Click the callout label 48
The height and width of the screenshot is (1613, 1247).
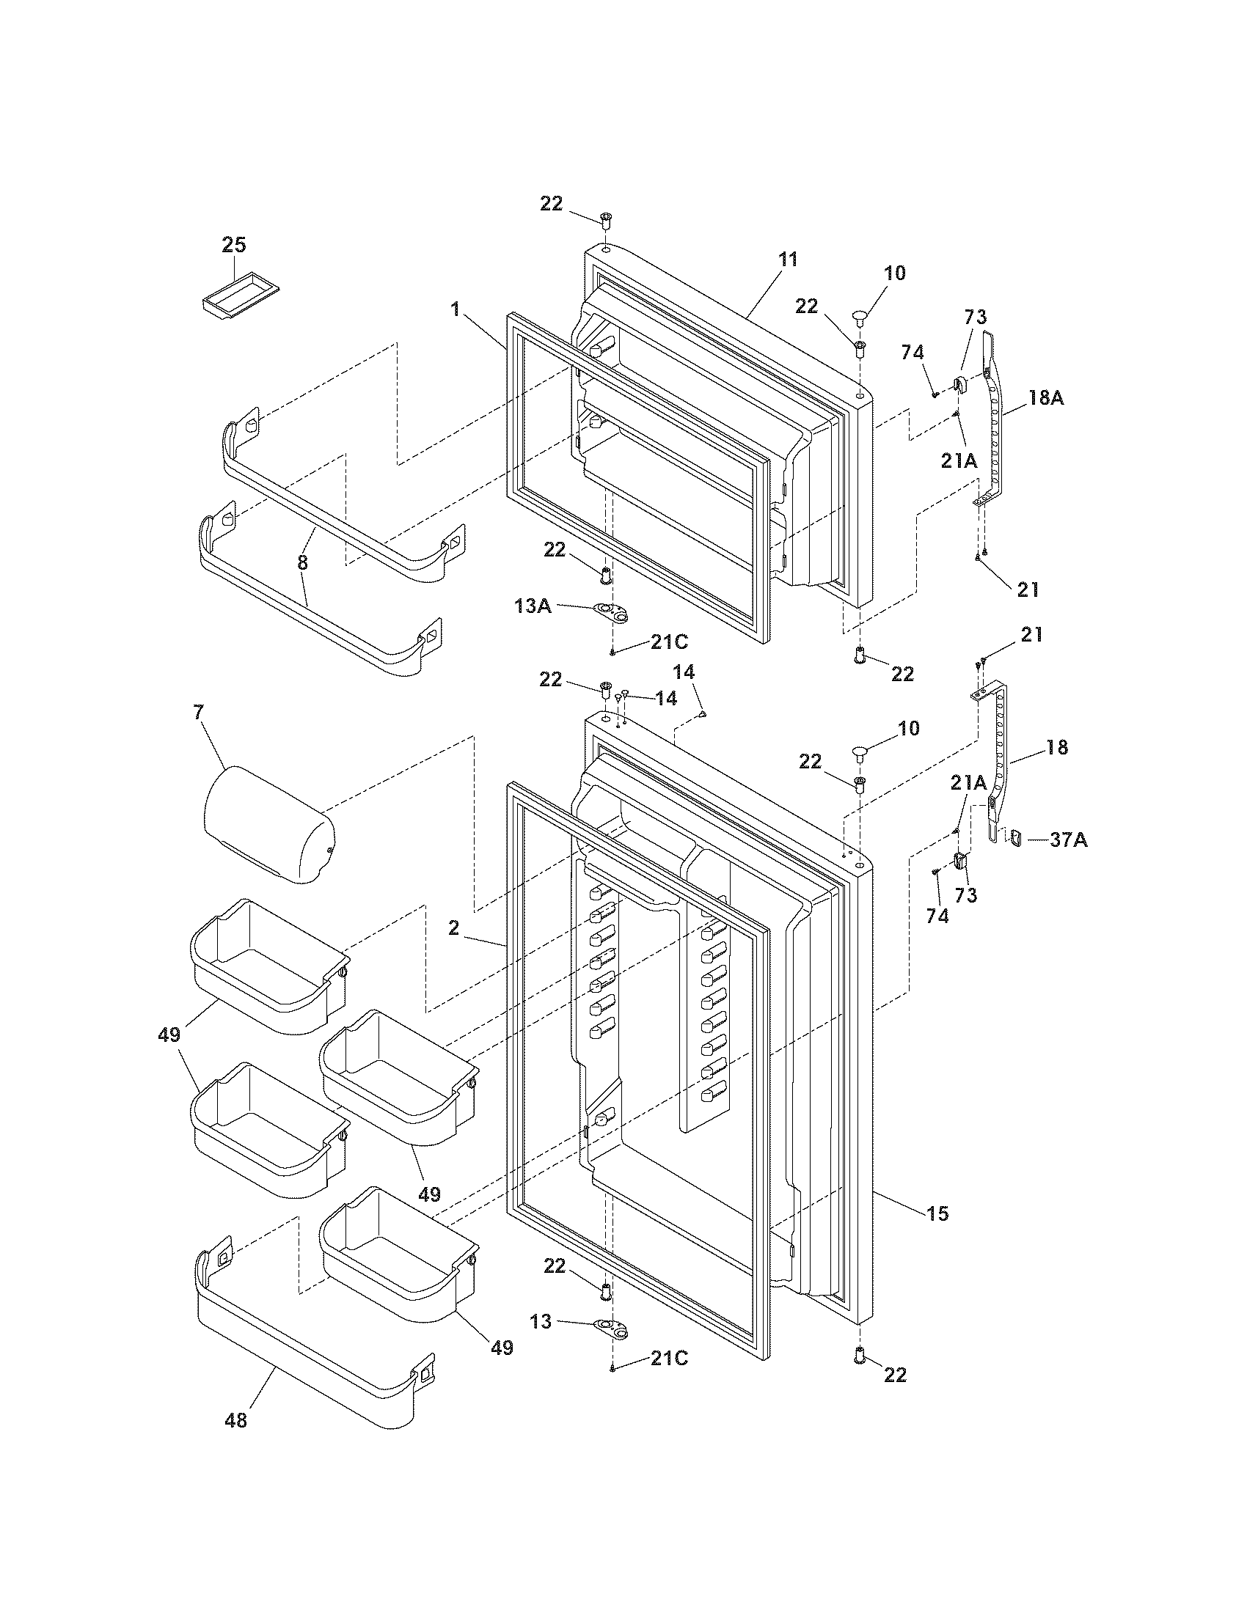[236, 1419]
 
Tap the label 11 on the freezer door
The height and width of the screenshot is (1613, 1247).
[788, 260]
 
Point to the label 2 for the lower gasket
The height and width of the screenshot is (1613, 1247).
[453, 929]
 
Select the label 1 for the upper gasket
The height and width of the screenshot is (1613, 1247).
[456, 310]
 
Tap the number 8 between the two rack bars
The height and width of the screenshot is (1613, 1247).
[302, 563]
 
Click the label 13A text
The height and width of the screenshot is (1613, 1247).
[533, 606]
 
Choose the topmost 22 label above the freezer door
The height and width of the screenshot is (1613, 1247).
[551, 205]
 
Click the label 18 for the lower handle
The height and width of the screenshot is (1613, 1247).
[1057, 747]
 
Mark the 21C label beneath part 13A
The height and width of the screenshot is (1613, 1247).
[669, 642]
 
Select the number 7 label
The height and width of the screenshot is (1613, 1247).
[197, 713]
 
